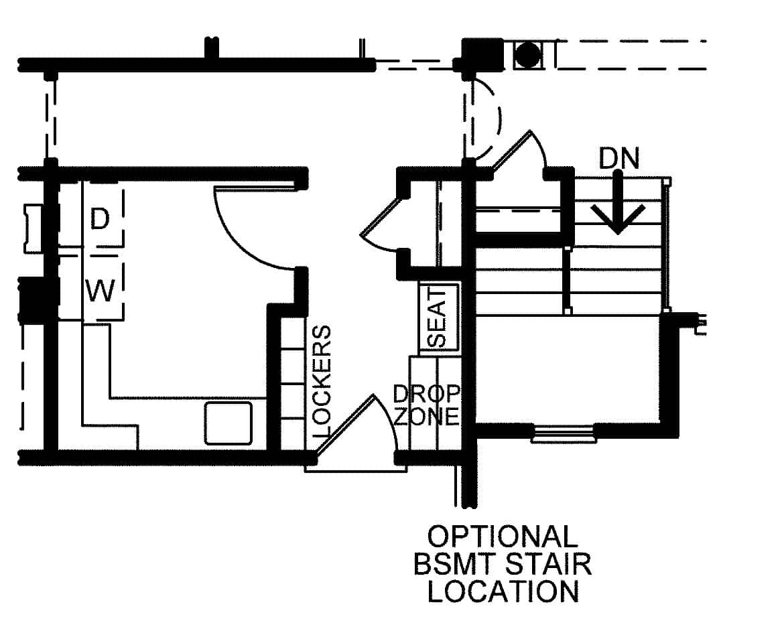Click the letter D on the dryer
(99, 219)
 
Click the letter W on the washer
(101, 291)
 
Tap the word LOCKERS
(322, 382)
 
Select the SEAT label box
(438, 318)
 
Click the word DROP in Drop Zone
(427, 393)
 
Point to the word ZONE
(427, 416)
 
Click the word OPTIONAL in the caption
(503, 537)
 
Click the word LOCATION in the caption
(503, 591)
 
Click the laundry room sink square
(229, 423)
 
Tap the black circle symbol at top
(529, 55)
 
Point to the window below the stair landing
(564, 433)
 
